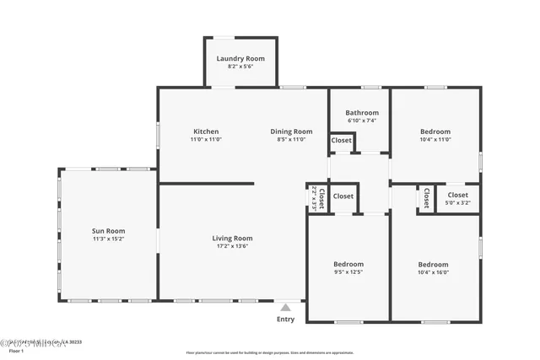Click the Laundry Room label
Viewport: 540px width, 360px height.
[x=240, y=59]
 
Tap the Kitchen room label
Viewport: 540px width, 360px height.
[x=206, y=132]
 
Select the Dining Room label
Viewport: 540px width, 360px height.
[x=291, y=132]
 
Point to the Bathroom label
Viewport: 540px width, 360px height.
[x=361, y=112]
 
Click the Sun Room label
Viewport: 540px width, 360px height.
[x=108, y=231]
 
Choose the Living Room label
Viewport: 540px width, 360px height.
[x=232, y=239]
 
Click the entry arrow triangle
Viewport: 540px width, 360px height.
[x=286, y=308]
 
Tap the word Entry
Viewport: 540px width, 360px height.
[x=286, y=320]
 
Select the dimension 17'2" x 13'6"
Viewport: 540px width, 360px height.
[x=232, y=247]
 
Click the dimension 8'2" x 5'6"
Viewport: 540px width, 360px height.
[x=240, y=67]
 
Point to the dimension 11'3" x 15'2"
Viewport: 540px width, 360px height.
[x=108, y=239]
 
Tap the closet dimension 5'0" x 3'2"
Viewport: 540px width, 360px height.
[x=457, y=203]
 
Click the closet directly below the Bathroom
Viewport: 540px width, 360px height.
[x=341, y=141]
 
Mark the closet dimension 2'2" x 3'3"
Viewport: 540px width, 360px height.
[x=314, y=197]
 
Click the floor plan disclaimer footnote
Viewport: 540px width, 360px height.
[x=270, y=352]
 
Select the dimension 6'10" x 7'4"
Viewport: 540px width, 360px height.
[x=361, y=121]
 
